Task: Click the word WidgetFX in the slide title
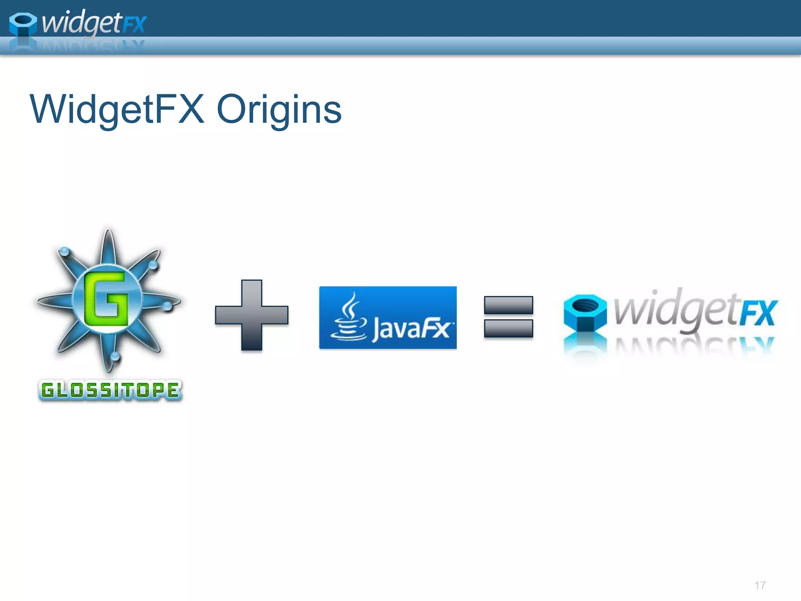pyautogui.click(x=117, y=110)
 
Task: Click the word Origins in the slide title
pyautogui.click(x=279, y=110)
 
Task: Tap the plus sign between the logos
pyautogui.click(x=251, y=315)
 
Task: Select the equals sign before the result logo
pyautogui.click(x=508, y=317)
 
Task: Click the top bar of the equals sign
pyautogui.click(x=508, y=305)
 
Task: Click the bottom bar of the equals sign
pyautogui.click(x=508, y=328)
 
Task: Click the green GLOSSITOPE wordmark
pyautogui.click(x=110, y=390)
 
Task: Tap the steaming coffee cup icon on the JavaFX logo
pyautogui.click(x=348, y=319)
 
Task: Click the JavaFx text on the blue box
pyautogui.click(x=411, y=328)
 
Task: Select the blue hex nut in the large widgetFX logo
pyautogui.click(x=585, y=313)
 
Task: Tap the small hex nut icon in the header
pyautogui.click(x=23, y=24)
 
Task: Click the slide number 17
pyautogui.click(x=760, y=585)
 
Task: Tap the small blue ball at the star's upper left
pyautogui.click(x=64, y=251)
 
